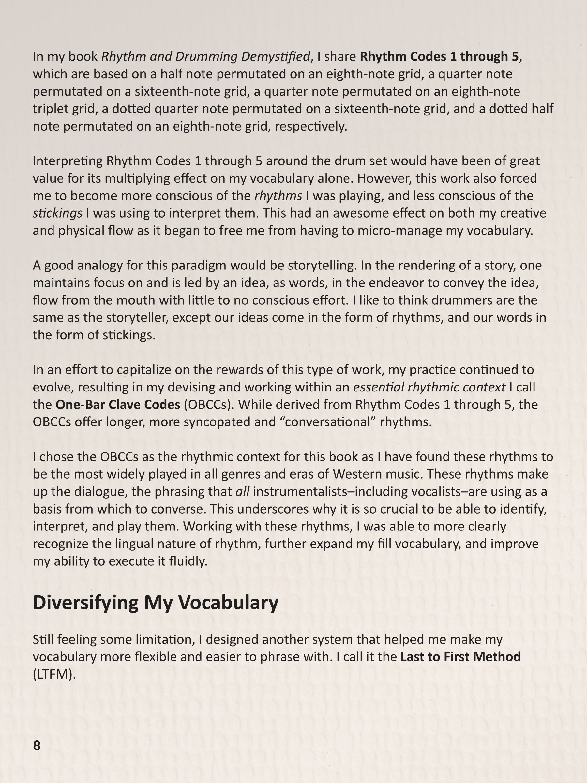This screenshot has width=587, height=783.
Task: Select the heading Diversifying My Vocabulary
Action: click(155, 603)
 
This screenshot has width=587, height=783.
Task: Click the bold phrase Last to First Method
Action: click(460, 657)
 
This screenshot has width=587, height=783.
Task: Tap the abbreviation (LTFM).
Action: click(54, 674)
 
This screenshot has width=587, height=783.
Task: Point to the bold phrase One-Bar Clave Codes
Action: click(118, 405)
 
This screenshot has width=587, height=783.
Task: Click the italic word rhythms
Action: click(278, 196)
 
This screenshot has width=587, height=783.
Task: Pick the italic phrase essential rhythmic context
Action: click(429, 387)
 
